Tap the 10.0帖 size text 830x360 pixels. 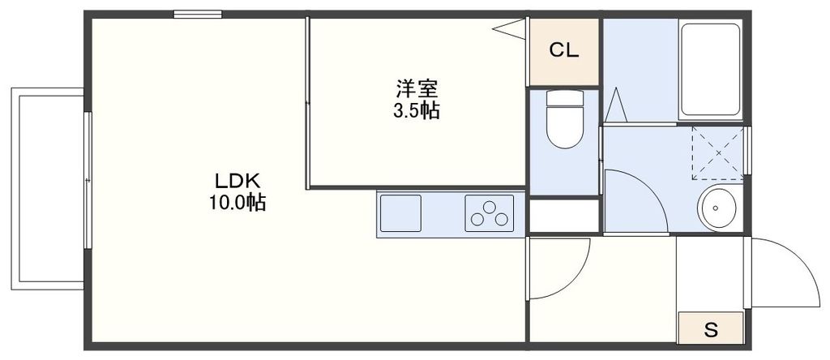[x=236, y=203]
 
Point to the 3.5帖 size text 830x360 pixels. [x=416, y=111]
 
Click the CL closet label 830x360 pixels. [x=564, y=51]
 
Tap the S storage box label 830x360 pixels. [x=711, y=329]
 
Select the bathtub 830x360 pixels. [x=710, y=71]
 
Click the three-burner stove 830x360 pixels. [x=490, y=214]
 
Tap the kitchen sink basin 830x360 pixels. [x=400, y=214]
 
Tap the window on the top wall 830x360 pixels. [x=198, y=14]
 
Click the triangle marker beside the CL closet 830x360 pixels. [x=511, y=29]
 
